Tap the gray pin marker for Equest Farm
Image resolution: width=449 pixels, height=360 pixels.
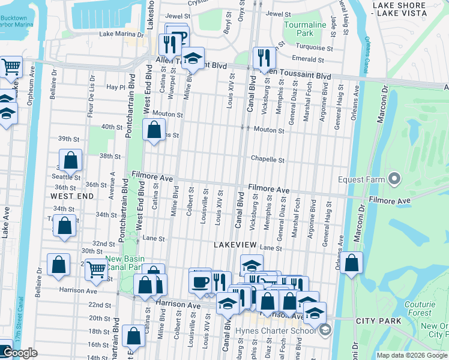pos(394,178)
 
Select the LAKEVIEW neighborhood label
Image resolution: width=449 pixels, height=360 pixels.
pos(235,245)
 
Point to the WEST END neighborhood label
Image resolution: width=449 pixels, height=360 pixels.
pos(72,196)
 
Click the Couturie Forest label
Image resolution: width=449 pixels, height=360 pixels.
pos(420,308)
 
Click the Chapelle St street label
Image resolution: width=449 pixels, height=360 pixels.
pos(268,160)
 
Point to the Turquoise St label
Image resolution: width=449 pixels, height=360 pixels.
pos(313,47)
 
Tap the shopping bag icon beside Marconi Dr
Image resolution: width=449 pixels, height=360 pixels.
pos(352,263)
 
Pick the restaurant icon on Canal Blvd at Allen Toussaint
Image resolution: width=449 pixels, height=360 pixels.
pos(263,58)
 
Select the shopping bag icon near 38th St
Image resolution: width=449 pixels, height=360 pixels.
pos(71,160)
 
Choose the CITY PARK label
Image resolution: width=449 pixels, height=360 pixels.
pos(378,322)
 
